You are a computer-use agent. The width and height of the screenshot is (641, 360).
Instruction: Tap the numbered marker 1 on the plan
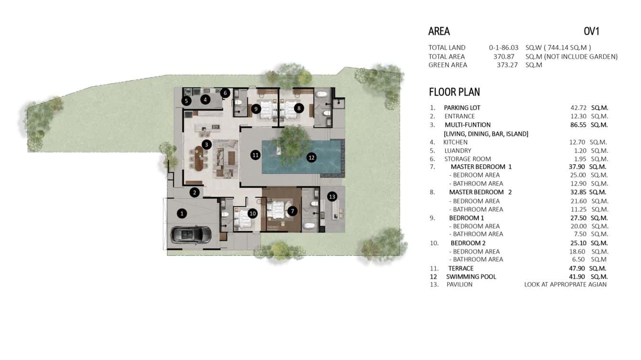tap(182, 213)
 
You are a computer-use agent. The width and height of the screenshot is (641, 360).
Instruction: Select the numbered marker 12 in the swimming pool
tap(311, 157)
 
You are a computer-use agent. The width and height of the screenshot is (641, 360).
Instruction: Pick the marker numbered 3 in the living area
tap(206, 144)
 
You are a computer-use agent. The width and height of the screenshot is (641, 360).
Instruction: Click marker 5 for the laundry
tap(186, 101)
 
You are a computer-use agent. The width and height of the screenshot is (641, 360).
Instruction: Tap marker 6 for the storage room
tap(225, 93)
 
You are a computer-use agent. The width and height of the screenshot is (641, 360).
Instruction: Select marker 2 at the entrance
tap(194, 192)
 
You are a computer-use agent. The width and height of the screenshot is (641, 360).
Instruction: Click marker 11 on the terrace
tap(256, 155)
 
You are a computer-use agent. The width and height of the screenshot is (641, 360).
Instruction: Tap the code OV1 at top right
tap(591, 32)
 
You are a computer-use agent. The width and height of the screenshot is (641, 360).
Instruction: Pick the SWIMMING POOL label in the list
tap(471, 276)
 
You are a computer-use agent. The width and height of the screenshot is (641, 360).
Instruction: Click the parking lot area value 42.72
tap(576, 107)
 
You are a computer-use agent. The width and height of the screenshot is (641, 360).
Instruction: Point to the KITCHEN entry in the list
tap(455, 142)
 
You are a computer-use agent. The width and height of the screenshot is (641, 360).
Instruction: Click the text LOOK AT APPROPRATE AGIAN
tap(565, 285)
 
